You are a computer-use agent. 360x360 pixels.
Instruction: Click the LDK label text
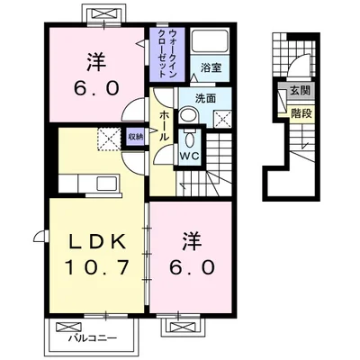pyautogui.click(x=96, y=242)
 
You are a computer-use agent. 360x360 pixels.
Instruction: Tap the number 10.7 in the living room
pyautogui.click(x=96, y=267)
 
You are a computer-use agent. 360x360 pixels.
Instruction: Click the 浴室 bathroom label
pyautogui.click(x=211, y=67)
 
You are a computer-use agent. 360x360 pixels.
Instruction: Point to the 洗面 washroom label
pyautogui.click(x=205, y=98)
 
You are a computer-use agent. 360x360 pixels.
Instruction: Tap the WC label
pyautogui.click(x=190, y=156)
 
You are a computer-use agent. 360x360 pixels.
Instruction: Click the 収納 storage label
pyautogui.click(x=136, y=137)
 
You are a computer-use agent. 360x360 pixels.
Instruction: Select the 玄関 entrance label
pyautogui.click(x=301, y=90)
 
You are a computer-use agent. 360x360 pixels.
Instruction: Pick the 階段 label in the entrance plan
pyautogui.click(x=301, y=113)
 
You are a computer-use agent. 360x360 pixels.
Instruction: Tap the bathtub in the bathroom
pyautogui.click(x=210, y=40)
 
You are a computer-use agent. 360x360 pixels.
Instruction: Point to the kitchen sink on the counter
pyautogui.click(x=107, y=184)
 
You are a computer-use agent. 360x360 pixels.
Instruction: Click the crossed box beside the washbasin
pyautogui.click(x=222, y=120)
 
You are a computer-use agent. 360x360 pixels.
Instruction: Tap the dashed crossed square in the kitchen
pyautogui.click(x=110, y=139)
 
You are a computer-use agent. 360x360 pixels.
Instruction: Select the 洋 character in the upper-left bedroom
pyautogui.click(x=96, y=62)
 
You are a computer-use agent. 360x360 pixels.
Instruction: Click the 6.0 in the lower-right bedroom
pyautogui.click(x=192, y=266)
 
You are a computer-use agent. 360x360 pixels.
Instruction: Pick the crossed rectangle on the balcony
pyautogui.click(x=68, y=327)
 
